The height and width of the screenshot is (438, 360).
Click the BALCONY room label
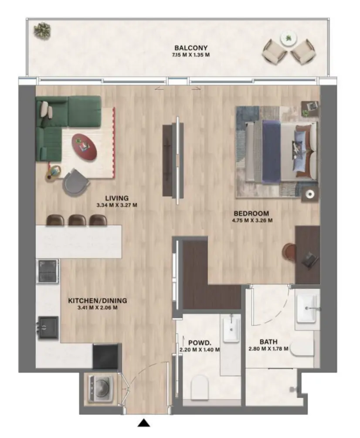[190, 48]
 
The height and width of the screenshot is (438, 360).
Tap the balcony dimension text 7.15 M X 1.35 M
[190, 55]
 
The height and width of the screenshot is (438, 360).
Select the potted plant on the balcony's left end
[43, 30]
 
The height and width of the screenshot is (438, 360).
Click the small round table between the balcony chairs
[288, 39]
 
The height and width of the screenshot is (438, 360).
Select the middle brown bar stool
[77, 220]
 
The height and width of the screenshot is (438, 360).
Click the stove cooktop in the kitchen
[48, 271]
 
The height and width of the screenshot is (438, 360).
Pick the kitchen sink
[48, 327]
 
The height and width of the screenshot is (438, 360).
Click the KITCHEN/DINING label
[97, 301]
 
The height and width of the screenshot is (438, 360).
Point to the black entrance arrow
[144, 422]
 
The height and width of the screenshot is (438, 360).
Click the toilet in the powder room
[200, 385]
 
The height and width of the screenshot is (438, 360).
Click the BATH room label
[268, 342]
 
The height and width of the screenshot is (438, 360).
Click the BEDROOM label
[251, 213]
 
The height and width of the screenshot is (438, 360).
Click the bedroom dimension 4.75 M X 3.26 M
[253, 220]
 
